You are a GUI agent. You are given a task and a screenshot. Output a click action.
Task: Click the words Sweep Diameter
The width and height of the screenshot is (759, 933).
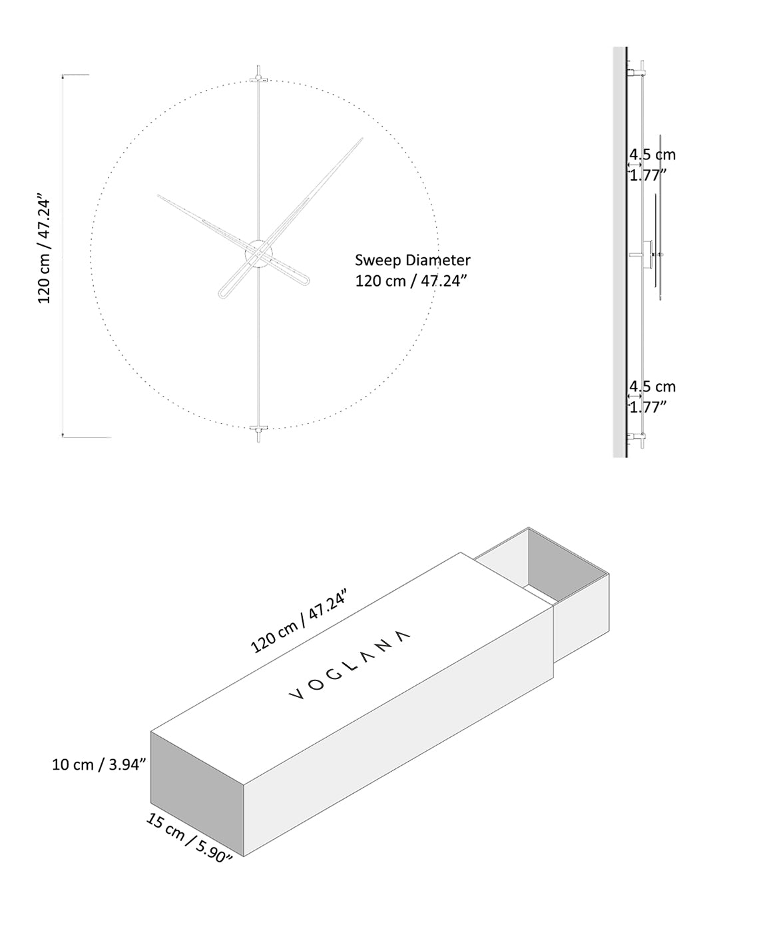(x=412, y=260)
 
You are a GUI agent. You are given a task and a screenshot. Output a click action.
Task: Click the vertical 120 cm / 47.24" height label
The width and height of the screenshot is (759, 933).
(x=44, y=250)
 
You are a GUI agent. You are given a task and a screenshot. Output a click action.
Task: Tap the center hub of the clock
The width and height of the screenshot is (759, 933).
(x=258, y=253)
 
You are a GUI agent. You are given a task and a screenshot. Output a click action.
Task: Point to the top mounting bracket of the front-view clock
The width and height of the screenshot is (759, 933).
(x=258, y=79)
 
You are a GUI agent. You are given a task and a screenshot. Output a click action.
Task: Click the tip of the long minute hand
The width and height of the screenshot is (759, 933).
(x=362, y=139)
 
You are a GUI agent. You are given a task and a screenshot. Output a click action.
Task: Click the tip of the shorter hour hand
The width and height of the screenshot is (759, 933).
(x=158, y=195)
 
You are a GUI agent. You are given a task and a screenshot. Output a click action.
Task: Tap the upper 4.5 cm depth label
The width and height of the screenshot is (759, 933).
(x=652, y=155)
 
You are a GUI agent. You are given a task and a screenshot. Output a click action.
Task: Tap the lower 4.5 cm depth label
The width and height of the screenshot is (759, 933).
(x=652, y=387)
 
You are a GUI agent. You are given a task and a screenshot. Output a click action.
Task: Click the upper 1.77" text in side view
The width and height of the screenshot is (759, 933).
(x=648, y=175)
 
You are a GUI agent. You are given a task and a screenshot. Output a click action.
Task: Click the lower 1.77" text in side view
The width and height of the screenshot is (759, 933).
(x=648, y=407)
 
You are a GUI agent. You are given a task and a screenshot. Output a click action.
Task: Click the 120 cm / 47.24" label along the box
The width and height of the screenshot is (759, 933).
(x=300, y=621)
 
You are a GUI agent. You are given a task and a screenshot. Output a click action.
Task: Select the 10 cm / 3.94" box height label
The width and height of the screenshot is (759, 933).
(x=99, y=764)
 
